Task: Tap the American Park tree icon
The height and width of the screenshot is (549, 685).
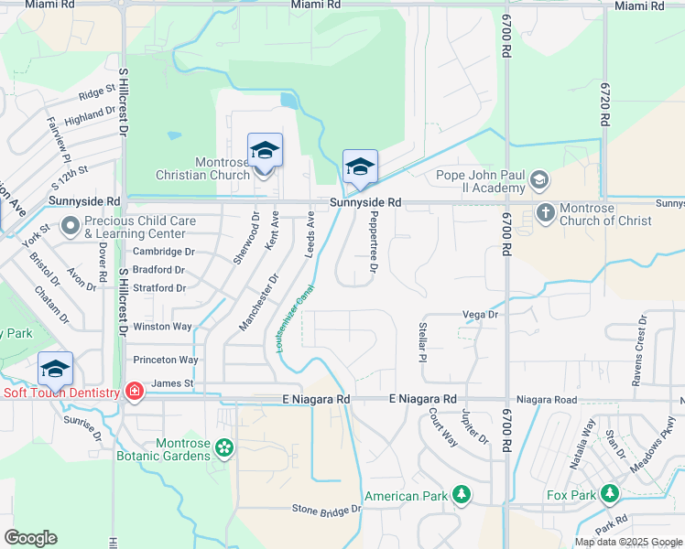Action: tap(462, 495)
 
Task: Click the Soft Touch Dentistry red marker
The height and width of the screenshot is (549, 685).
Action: tap(135, 392)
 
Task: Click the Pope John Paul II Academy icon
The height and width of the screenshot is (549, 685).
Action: tap(539, 180)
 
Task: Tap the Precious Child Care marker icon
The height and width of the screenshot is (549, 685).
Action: tap(71, 225)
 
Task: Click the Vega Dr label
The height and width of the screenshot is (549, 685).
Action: tap(480, 314)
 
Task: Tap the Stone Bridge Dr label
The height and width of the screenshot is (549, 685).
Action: tap(326, 509)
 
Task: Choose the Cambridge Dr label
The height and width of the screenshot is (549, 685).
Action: tap(164, 252)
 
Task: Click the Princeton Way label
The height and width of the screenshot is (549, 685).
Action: tap(165, 361)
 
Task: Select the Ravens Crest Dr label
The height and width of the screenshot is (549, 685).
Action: tap(640, 350)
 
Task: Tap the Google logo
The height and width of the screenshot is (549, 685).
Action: tap(30, 538)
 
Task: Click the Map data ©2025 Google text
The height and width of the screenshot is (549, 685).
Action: tap(627, 542)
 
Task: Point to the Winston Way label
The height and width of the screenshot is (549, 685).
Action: tap(163, 327)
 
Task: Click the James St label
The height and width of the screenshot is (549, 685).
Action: tap(172, 383)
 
